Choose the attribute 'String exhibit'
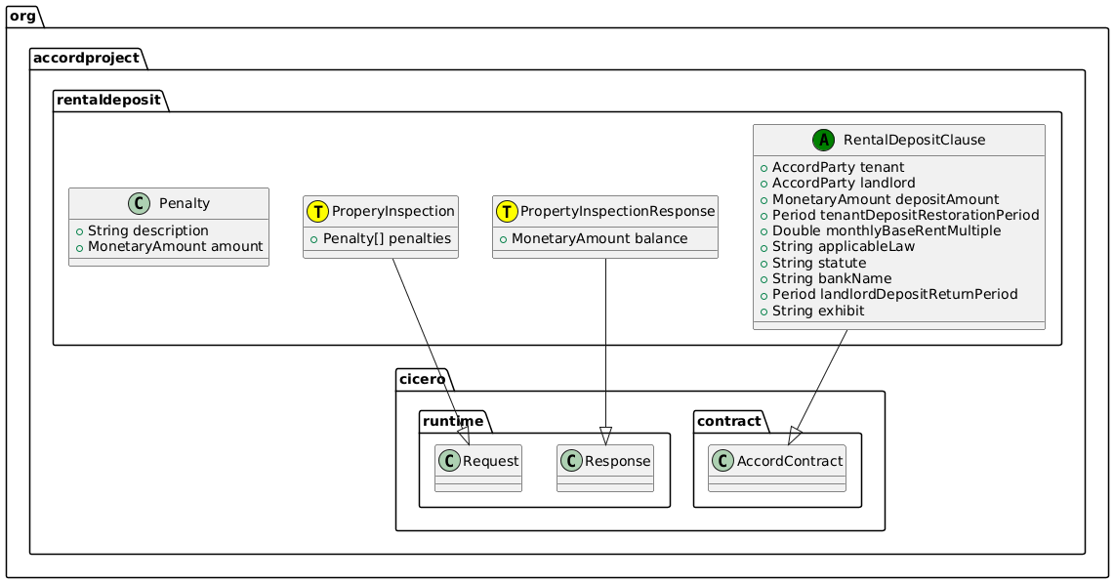coord(818,311)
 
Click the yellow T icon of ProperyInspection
coord(318,211)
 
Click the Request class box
coord(478,468)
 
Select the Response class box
coord(604,468)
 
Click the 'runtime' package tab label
coord(454,421)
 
